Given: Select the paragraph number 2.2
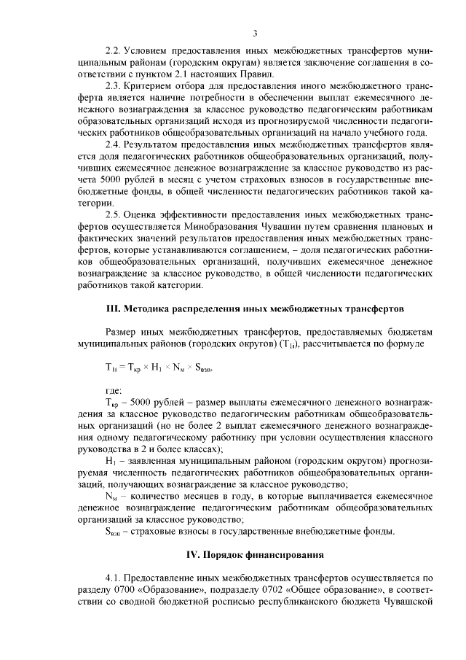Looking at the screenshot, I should point(113,53).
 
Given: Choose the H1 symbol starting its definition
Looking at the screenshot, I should point(111,461).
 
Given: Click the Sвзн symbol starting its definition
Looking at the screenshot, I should point(115,532).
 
